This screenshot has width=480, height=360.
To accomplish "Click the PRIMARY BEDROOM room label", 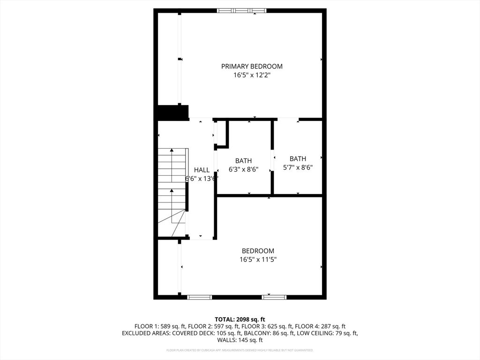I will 252,67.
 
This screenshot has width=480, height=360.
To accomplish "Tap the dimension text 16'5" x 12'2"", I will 252,75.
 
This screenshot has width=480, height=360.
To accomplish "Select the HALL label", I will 202,170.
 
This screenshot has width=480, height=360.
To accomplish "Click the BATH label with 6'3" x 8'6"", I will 243,161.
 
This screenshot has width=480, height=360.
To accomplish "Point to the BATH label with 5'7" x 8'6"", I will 298,159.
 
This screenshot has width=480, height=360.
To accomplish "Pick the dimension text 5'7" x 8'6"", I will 298,167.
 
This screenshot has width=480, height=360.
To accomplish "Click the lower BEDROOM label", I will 258,251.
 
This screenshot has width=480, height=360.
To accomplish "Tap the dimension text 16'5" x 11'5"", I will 258,260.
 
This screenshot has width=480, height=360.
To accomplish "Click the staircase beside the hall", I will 172,192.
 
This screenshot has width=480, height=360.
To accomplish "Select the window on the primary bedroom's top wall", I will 242,10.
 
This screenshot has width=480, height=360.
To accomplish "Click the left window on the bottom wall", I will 199,297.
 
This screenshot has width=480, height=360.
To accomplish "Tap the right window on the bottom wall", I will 274,297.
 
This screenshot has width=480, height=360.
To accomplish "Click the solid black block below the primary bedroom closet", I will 173,113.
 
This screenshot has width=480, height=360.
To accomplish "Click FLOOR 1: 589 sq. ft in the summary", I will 157,326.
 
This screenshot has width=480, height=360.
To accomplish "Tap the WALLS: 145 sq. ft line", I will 240,340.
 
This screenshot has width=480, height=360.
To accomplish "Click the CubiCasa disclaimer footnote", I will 240,350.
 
